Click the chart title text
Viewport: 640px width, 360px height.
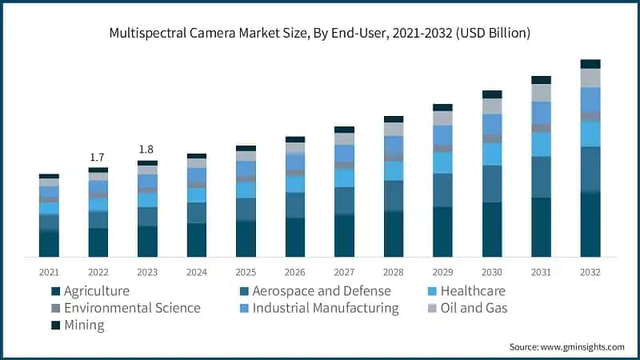point(320,33)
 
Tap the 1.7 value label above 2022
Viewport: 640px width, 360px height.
point(98,158)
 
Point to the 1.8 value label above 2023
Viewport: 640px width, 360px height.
point(147,150)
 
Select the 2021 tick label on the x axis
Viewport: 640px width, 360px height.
point(49,272)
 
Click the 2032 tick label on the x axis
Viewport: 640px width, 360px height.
point(590,272)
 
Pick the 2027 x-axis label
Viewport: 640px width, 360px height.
point(344,272)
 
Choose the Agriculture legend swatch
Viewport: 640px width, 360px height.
point(56,291)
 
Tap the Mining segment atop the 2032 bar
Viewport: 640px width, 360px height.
point(590,64)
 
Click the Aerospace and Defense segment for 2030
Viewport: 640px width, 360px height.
point(492,184)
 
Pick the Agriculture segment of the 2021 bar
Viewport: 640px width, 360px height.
point(49,243)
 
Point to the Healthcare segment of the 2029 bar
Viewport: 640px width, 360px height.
point(442,162)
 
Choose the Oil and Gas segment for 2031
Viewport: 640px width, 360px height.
point(542,93)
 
